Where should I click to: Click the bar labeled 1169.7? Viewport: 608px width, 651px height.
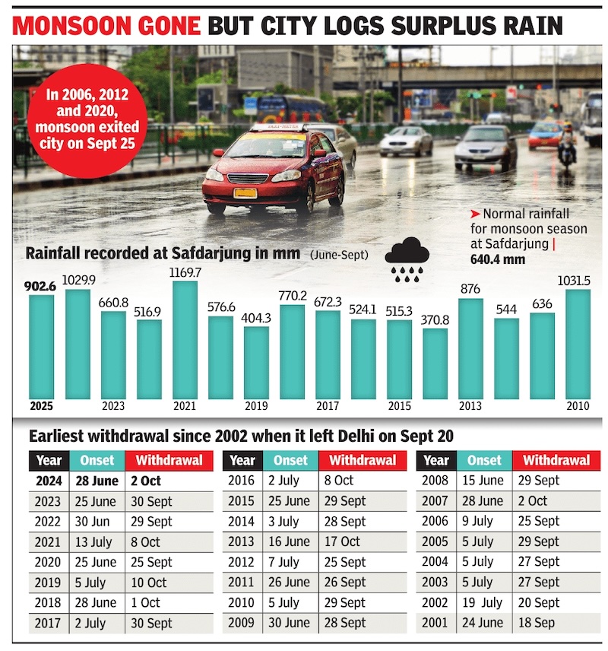pyautogui.click(x=185, y=340)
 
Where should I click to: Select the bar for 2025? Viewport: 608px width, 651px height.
pyautogui.click(x=42, y=347)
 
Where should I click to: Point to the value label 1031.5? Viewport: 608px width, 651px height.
pyautogui.click(x=577, y=281)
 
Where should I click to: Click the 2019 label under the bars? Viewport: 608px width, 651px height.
pyautogui.click(x=257, y=406)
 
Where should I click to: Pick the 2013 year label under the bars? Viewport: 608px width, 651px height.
pyautogui.click(x=471, y=406)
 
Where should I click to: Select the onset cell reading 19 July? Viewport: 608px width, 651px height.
pyautogui.click(x=482, y=602)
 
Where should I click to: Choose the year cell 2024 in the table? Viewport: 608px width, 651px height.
pyautogui.click(x=49, y=481)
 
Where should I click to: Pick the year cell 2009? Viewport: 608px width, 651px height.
pyautogui.click(x=242, y=623)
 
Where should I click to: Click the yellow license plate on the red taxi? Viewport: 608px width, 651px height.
pyautogui.click(x=245, y=192)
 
